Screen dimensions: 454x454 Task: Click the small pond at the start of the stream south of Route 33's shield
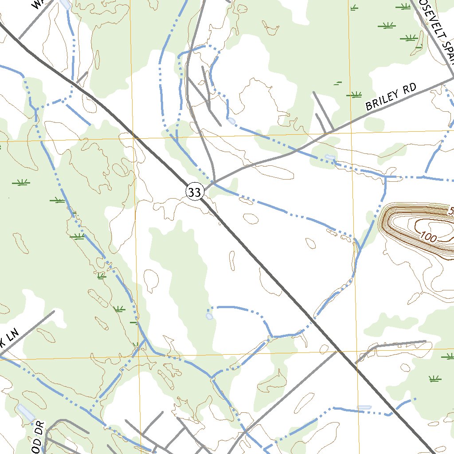[209, 316]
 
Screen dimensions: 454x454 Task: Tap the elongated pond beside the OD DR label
[25, 412]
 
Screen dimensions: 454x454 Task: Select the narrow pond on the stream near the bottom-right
[364, 407]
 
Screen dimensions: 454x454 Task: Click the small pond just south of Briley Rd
[329, 157]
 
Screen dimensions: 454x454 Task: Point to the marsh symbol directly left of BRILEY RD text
[354, 94]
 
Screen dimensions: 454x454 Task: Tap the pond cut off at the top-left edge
[65, 4]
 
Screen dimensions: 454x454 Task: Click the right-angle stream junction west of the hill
[385, 178]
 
